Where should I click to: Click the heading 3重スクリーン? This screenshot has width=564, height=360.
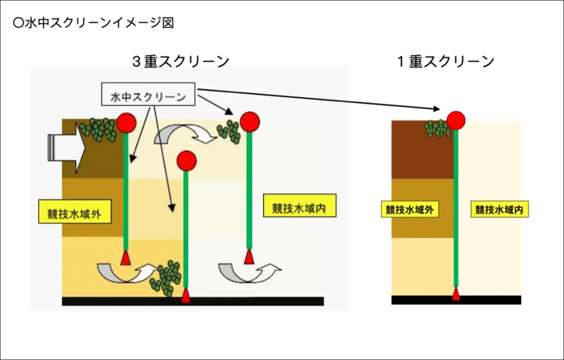click(181, 61)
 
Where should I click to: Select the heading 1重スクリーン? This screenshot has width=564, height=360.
click(446, 62)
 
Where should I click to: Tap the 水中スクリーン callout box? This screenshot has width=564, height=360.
click(148, 94)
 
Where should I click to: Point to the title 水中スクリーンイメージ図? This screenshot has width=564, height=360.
click(93, 22)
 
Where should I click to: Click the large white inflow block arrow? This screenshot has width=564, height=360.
click(67, 147)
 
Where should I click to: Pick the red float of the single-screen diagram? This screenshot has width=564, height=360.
click(456, 120)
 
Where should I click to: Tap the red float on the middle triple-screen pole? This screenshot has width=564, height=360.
click(186, 160)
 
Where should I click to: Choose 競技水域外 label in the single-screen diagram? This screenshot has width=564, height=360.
click(410, 210)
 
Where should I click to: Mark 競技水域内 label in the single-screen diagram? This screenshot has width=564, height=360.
click(499, 210)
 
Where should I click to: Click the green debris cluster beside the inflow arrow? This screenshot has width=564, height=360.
click(98, 130)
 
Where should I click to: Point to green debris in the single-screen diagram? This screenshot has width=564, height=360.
click(438, 129)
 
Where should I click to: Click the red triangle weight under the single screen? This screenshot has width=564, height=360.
click(456, 293)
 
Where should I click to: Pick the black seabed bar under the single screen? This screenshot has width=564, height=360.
click(456, 300)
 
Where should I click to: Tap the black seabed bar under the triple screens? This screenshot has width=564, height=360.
click(193, 301)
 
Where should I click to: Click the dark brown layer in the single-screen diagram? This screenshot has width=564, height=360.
click(422, 150)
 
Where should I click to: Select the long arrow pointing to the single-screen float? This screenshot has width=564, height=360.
click(319, 99)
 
